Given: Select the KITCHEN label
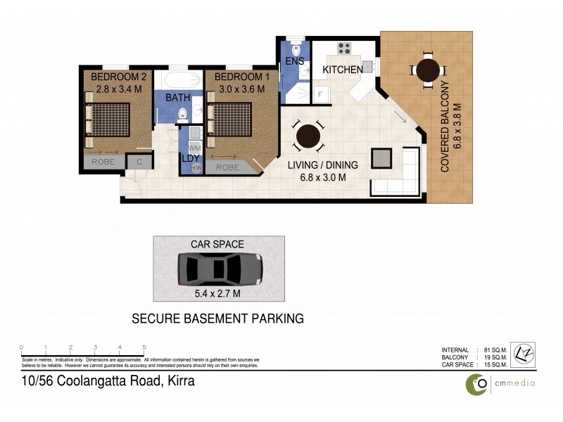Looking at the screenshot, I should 343,70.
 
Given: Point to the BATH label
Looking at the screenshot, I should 178,98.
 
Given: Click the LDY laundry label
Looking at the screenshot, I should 189,159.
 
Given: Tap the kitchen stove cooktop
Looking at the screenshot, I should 345,49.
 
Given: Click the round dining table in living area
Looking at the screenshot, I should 308,137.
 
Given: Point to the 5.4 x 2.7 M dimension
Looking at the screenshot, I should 219,293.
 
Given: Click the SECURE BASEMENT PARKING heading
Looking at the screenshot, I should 218,319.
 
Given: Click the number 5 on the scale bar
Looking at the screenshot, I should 144,347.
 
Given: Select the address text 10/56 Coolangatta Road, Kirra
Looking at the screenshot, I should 107,382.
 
